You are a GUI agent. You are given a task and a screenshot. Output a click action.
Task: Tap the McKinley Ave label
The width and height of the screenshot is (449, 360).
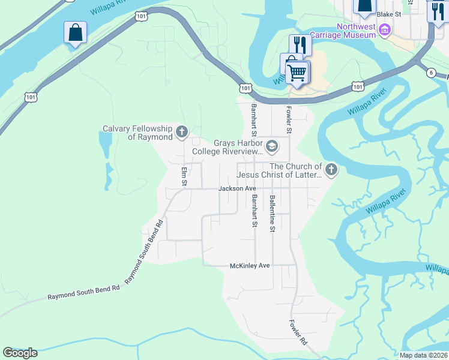(x=250, y=265)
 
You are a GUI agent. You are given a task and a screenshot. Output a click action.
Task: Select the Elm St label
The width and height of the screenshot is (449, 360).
(x=184, y=176)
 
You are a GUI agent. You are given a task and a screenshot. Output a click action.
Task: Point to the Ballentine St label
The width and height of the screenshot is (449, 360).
(x=273, y=214)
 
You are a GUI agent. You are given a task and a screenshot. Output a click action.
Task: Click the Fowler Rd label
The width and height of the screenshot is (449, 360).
(x=298, y=332)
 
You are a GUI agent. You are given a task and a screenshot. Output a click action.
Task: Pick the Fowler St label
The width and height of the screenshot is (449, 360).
(x=289, y=119)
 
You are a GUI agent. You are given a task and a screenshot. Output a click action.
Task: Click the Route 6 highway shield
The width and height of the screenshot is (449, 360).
(x=431, y=73)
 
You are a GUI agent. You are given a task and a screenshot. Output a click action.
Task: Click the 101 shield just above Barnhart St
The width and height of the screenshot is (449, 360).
(x=246, y=88)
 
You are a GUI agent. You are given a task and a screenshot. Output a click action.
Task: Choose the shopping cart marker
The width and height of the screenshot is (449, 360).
(x=297, y=73)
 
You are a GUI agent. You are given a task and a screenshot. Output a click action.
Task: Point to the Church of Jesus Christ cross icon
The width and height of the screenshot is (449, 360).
(x=331, y=170)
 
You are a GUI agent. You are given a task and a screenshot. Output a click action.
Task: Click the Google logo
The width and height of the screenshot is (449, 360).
(x=20, y=353)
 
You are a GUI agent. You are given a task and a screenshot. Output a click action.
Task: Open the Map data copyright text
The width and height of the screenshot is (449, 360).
(x=423, y=355)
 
